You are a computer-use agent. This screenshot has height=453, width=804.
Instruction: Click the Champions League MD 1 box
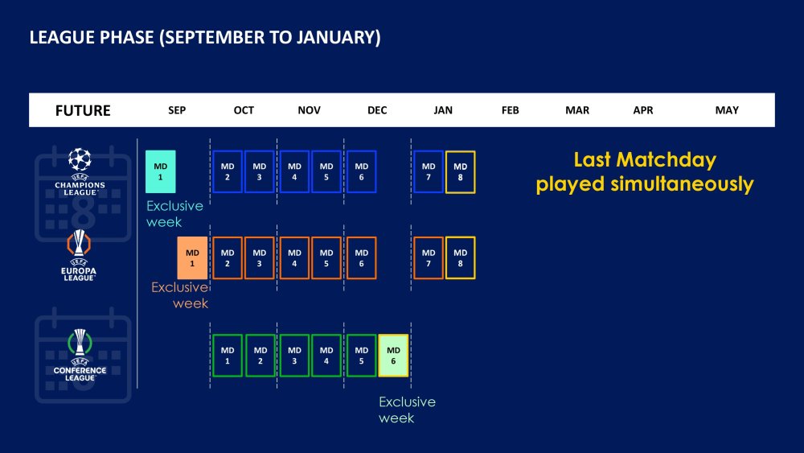click(x=161, y=172)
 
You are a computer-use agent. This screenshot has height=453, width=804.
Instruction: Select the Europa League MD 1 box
click(x=192, y=258)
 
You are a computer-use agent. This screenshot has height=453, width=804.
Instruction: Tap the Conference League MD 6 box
click(x=393, y=356)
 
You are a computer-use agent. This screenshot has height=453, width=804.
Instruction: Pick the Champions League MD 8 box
click(x=461, y=172)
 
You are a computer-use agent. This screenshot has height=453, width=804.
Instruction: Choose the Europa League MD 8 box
click(x=461, y=258)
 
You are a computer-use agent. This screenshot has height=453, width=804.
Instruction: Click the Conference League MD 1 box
click(x=228, y=356)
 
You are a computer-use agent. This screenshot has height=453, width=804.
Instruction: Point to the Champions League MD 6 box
click(x=362, y=172)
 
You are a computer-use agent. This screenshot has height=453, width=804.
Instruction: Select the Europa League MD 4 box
click(x=294, y=258)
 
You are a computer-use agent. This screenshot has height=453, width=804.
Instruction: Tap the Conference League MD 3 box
click(x=294, y=356)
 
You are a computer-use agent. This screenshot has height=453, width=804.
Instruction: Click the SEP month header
click(x=177, y=110)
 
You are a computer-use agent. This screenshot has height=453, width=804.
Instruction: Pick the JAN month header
click(x=443, y=110)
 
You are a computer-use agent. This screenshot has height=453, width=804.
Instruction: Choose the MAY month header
click(x=727, y=110)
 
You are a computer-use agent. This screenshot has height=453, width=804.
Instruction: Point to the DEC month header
click(x=377, y=110)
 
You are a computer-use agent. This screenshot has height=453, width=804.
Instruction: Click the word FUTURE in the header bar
click(x=83, y=110)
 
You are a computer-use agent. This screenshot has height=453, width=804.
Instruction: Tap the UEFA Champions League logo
click(x=80, y=172)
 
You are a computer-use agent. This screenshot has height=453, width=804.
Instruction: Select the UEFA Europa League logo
click(x=79, y=256)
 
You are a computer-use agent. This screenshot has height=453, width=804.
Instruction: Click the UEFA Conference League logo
click(x=80, y=355)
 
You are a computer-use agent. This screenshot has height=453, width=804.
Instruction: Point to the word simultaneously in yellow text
click(x=682, y=184)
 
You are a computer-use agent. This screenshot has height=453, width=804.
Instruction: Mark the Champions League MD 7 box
click(x=429, y=172)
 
